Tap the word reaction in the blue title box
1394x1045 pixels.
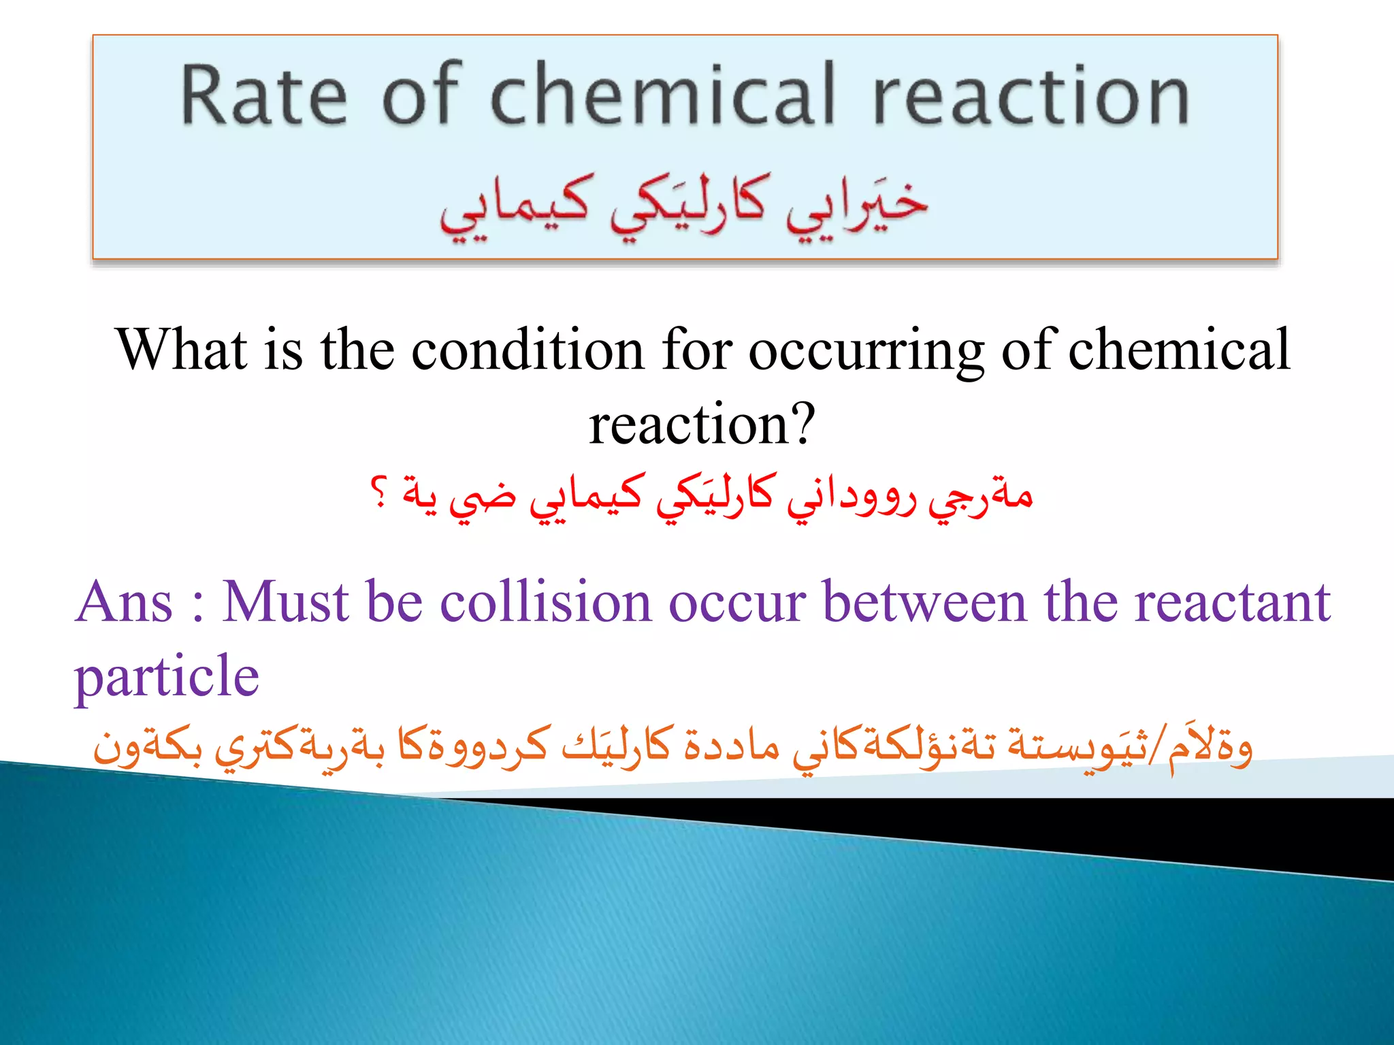click(x=1031, y=95)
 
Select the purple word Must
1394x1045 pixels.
click(x=285, y=602)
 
